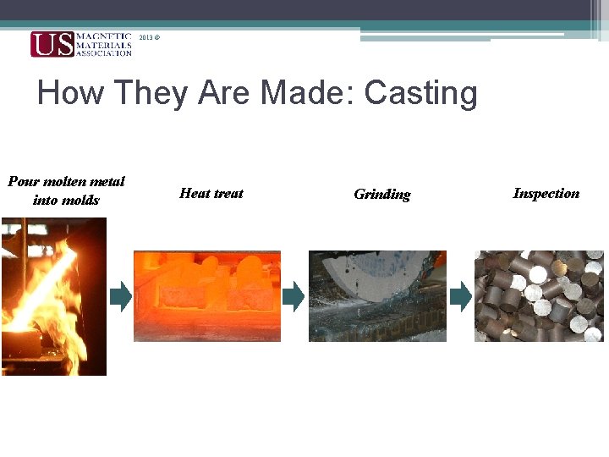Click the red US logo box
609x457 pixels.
52,44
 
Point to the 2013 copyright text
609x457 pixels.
149,39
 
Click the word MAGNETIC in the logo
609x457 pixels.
104,36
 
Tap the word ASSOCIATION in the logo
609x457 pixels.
104,52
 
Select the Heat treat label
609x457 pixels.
211,193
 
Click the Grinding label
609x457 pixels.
381,195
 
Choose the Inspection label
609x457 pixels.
546,193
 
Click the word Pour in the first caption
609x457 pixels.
23,181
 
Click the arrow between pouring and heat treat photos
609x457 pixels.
121,295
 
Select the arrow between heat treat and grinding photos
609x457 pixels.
293,295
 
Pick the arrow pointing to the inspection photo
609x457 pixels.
460,295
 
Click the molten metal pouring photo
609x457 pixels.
54,296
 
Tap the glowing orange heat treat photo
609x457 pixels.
207,295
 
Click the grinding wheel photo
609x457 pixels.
377,295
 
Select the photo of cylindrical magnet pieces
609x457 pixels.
539,295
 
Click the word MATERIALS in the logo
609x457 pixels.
104,45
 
